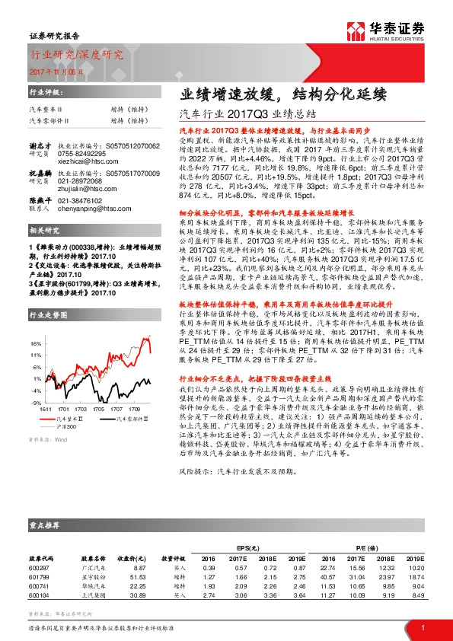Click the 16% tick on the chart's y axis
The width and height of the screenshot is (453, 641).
pos(37,343)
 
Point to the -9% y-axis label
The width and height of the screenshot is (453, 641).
pos(37,401)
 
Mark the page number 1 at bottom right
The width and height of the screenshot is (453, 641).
pos(422,627)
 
